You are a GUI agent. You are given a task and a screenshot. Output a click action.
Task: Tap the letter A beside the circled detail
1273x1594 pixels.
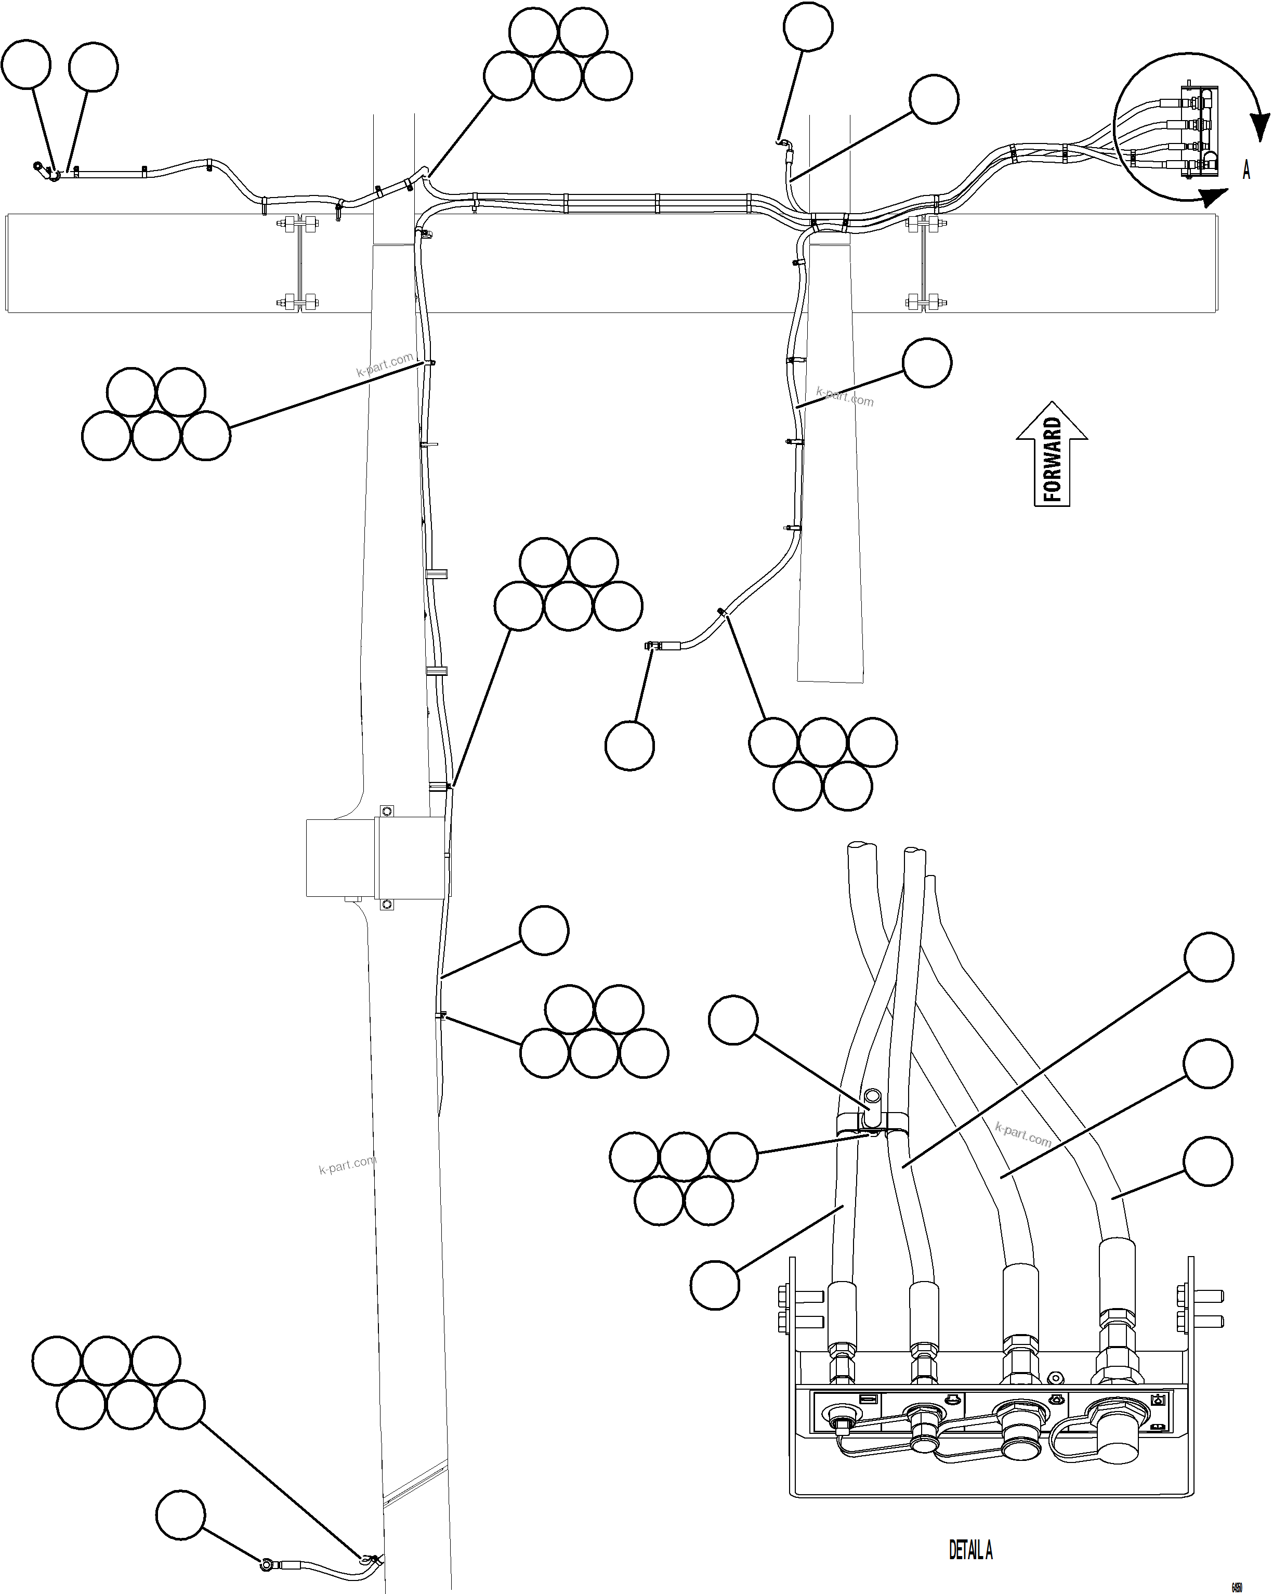[1246, 170]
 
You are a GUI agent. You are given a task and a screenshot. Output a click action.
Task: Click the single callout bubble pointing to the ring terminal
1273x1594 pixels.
[180, 1515]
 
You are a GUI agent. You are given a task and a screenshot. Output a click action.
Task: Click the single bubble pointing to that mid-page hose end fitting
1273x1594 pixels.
[629, 746]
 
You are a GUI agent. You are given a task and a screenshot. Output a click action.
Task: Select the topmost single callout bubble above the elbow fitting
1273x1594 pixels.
[808, 27]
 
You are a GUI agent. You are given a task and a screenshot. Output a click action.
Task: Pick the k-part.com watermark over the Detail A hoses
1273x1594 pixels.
[1022, 1135]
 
